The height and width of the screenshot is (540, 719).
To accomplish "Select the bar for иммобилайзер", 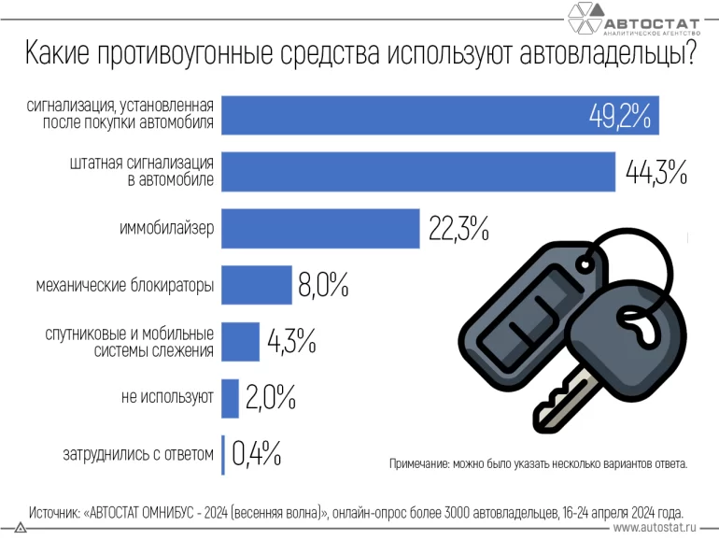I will coord(320,229).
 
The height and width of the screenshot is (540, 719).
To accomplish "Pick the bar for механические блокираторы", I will coord(256,285).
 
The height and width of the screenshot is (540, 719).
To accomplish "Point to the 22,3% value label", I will coord(458,229).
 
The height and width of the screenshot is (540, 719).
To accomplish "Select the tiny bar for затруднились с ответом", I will coord(223,453).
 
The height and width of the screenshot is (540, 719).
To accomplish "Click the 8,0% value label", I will coord(323,285).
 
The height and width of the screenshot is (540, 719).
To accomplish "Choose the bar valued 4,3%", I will coord(241,341).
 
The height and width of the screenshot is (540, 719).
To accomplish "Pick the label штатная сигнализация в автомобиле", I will coord(144,172).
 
